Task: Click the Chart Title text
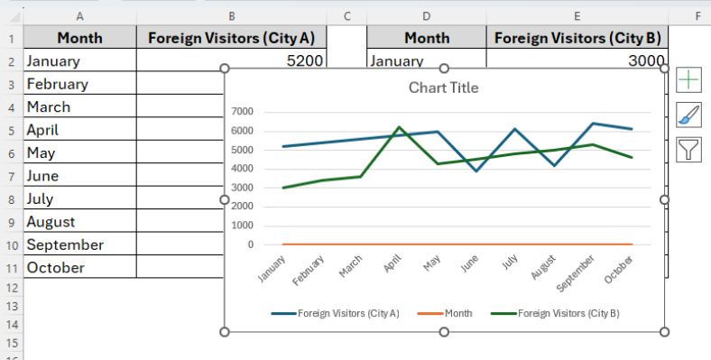click(443, 88)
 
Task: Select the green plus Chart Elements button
click(688, 79)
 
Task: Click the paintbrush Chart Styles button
click(688, 114)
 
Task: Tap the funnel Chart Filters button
click(688, 149)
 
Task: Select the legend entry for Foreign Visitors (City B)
click(555, 313)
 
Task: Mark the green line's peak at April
click(399, 127)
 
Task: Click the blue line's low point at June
click(476, 171)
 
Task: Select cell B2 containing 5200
click(231, 60)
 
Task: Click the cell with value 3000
click(577, 60)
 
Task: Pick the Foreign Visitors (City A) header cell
click(231, 37)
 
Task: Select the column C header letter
click(346, 15)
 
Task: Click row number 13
click(12, 306)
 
